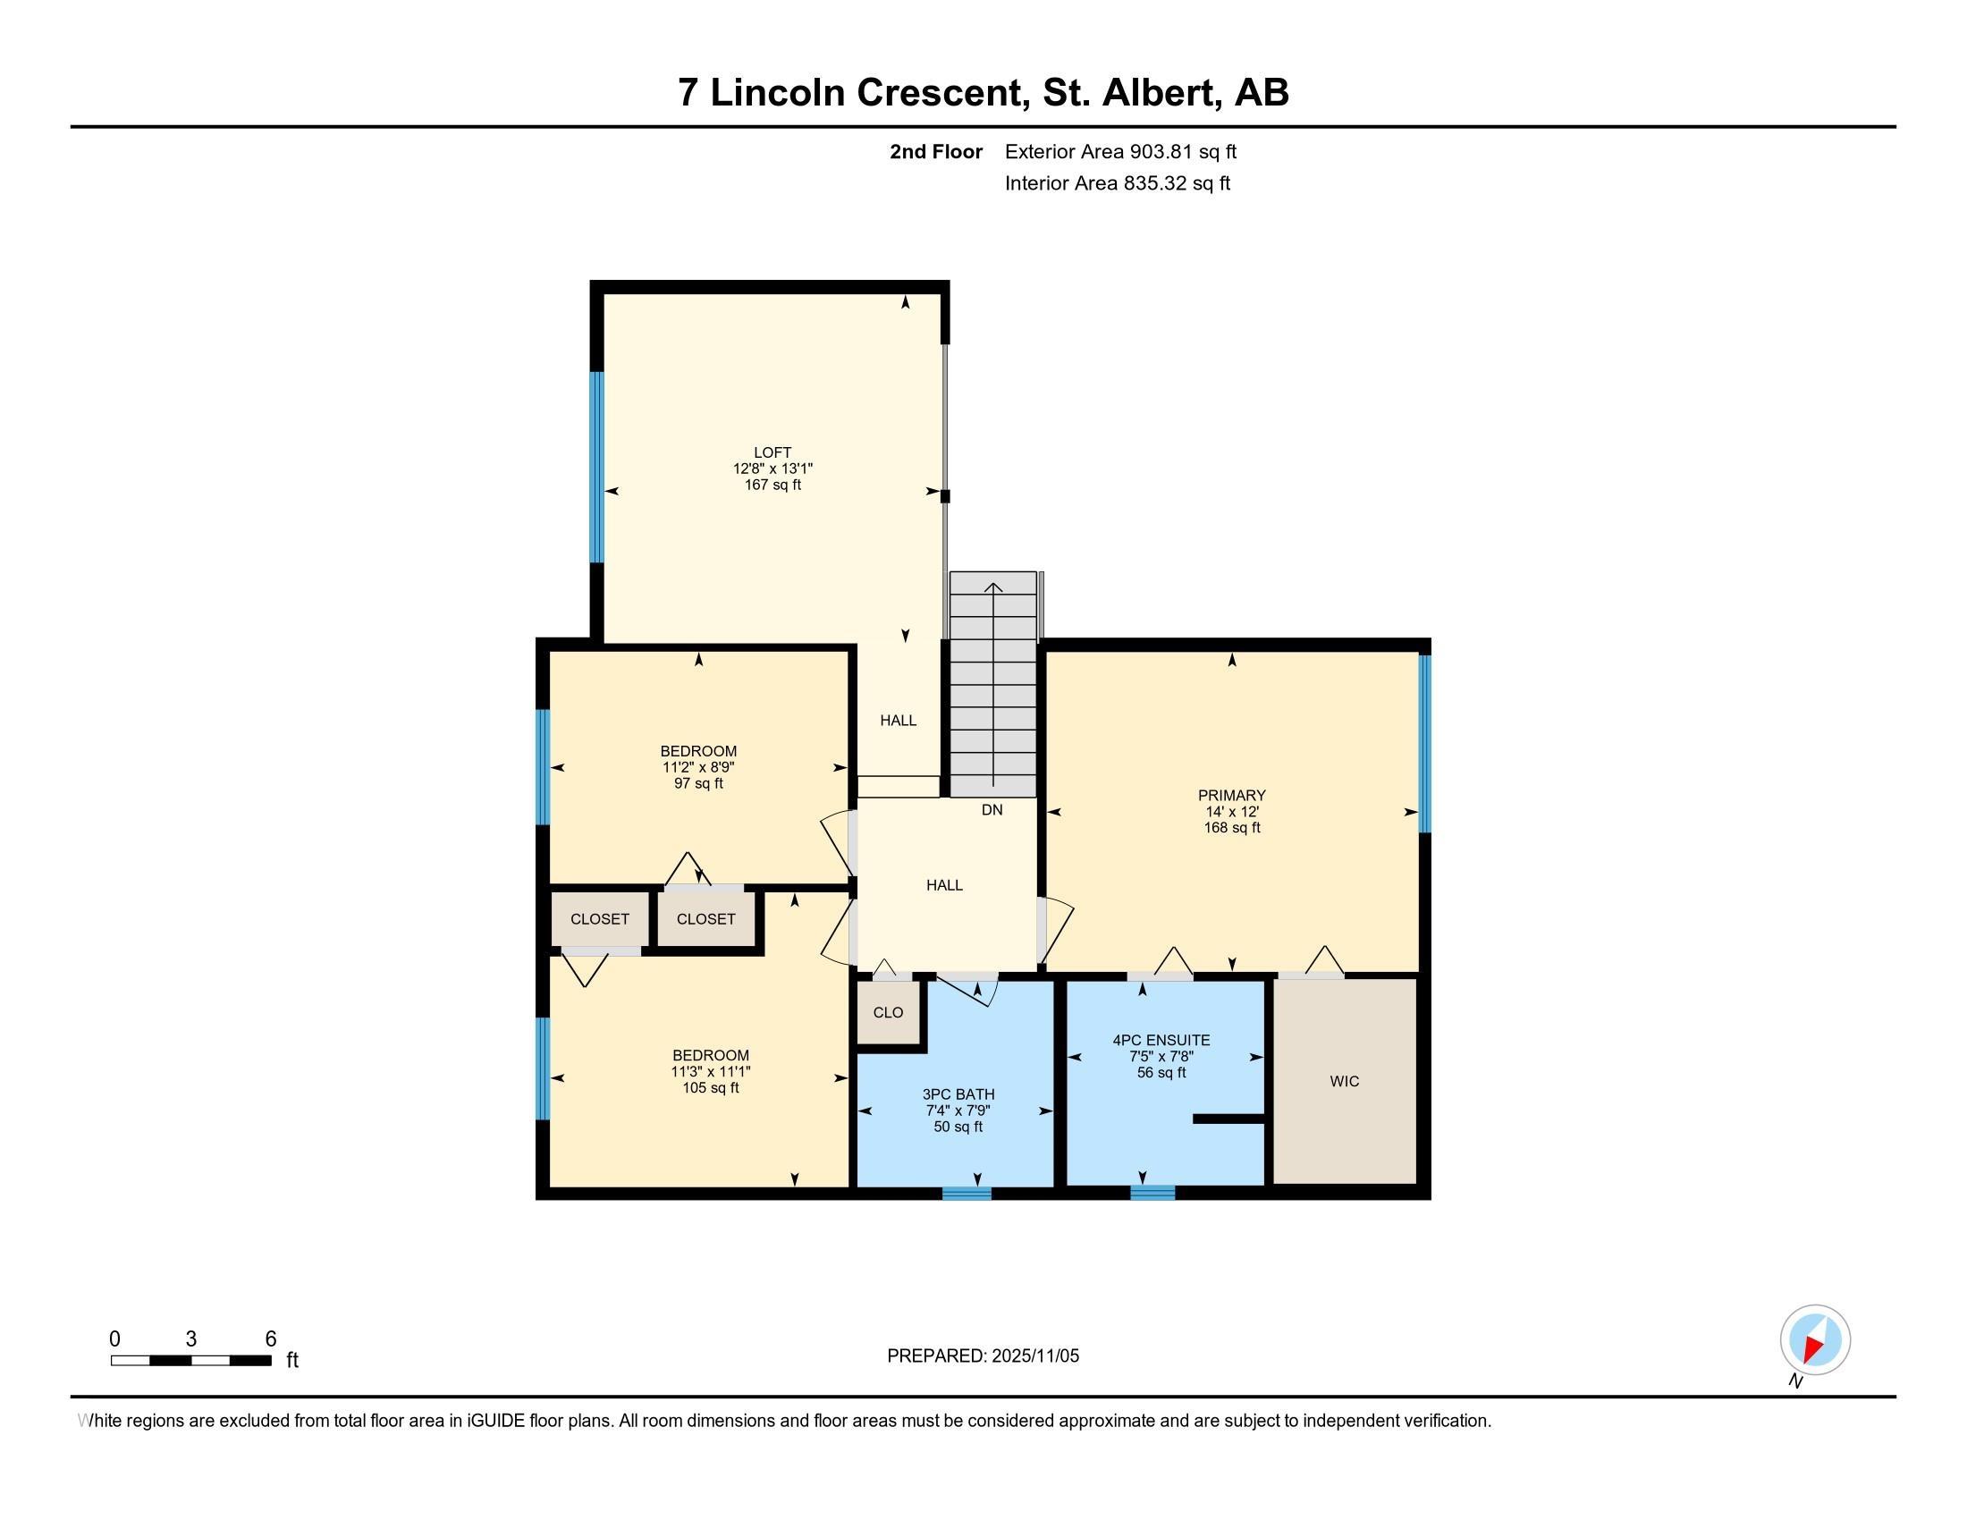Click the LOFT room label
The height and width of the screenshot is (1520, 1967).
pyautogui.click(x=772, y=452)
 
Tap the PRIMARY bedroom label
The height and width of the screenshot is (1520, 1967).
pyautogui.click(x=1231, y=795)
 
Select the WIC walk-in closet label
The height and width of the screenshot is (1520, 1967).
pyautogui.click(x=1344, y=1081)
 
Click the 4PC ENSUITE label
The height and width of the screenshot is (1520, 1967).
pyautogui.click(x=1161, y=1040)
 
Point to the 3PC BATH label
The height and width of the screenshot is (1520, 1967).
pyautogui.click(x=958, y=1094)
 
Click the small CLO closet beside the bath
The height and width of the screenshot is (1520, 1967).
pyautogui.click(x=888, y=1012)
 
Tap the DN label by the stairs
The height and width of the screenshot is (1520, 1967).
pyautogui.click(x=992, y=809)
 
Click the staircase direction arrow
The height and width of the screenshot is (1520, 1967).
pyautogui.click(x=993, y=684)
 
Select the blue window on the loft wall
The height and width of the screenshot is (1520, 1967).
pyautogui.click(x=596, y=467)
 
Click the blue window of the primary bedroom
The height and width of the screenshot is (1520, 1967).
pyautogui.click(x=1425, y=743)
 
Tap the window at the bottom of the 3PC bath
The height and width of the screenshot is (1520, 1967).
pyautogui.click(x=967, y=1193)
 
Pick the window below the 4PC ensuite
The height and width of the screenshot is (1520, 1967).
pyautogui.click(x=1152, y=1193)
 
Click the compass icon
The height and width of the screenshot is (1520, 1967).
pyautogui.click(x=1815, y=1339)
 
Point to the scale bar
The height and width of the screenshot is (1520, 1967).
pyautogui.click(x=191, y=1361)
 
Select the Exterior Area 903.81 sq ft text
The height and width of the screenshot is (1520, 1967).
pyautogui.click(x=1120, y=151)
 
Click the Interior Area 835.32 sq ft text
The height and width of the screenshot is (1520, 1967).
pyautogui.click(x=1117, y=182)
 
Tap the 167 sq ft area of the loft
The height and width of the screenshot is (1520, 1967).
pyautogui.click(x=772, y=485)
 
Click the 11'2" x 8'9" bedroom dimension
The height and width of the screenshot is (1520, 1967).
pyautogui.click(x=699, y=767)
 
